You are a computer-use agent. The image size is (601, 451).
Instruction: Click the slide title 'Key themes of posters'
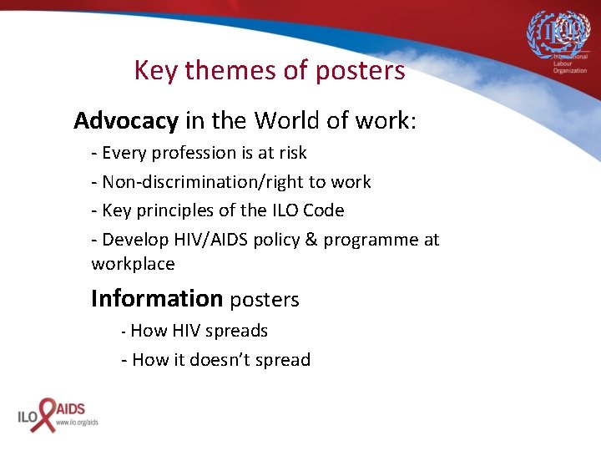click(x=270, y=70)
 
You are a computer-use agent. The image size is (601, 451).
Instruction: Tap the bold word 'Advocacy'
click(x=126, y=121)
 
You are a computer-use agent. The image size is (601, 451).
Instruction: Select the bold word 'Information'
click(x=157, y=298)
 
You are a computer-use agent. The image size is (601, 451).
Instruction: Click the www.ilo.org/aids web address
click(x=77, y=423)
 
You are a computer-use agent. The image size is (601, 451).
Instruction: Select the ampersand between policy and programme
click(x=311, y=240)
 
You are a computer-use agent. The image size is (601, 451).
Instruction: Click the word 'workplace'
click(x=133, y=265)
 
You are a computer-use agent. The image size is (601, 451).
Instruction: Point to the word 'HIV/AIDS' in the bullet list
click(x=204, y=240)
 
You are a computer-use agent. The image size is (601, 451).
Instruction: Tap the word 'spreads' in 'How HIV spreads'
click(x=236, y=331)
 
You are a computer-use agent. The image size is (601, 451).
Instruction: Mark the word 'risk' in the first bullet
click(x=292, y=154)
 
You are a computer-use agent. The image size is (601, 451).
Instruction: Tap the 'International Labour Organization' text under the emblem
click(x=564, y=65)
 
